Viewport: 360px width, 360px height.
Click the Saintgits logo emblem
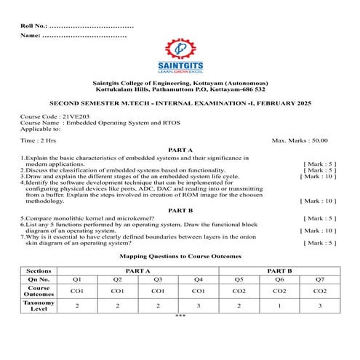179,49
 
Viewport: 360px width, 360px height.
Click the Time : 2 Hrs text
39,139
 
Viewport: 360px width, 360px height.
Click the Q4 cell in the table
198,279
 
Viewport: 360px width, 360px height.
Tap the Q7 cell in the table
319,279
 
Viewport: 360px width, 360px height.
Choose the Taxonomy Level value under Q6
279,306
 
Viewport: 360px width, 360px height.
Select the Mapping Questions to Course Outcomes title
180,256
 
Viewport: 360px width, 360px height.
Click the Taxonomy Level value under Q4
198,306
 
